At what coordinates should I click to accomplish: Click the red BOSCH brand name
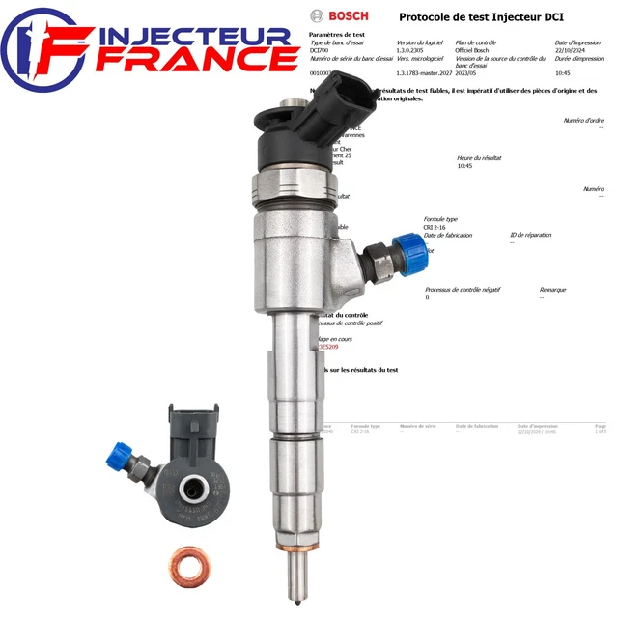point(349,15)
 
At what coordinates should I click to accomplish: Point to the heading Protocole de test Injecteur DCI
point(469,16)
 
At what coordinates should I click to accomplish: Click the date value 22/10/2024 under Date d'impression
point(574,50)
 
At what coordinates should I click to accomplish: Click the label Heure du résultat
point(479,157)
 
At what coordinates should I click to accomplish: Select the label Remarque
point(552,289)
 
